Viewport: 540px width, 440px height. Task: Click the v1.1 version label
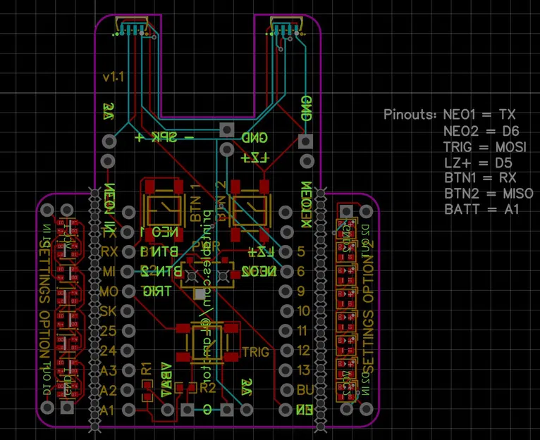[113, 76]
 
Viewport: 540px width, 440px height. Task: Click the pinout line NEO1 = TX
[479, 113]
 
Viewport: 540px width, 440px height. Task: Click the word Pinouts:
[410, 113]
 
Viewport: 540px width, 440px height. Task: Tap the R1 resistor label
[147, 368]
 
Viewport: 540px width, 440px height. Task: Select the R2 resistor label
[207, 387]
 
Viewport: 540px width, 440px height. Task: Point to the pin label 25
[109, 330]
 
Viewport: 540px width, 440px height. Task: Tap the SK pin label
[109, 310]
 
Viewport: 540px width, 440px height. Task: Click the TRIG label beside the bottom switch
[254, 351]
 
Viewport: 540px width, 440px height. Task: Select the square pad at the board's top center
[226, 130]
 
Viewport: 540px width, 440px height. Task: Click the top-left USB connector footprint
[132, 27]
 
